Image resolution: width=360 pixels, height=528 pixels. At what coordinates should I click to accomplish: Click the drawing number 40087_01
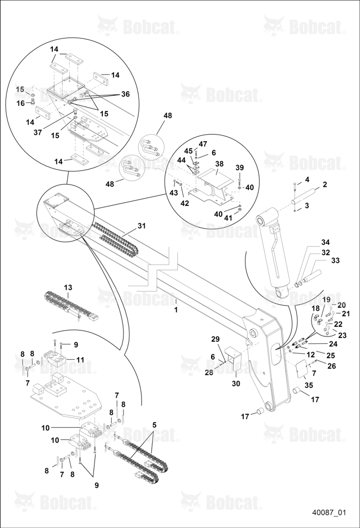click(329, 513)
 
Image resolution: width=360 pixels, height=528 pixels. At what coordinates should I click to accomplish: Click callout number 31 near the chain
click(142, 225)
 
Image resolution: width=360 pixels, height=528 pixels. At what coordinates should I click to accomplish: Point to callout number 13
click(69, 288)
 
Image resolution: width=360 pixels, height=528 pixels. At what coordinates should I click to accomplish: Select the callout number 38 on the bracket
click(220, 164)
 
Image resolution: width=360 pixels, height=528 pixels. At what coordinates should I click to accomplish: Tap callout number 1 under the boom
click(176, 309)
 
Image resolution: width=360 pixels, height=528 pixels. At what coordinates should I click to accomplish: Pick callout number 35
click(308, 385)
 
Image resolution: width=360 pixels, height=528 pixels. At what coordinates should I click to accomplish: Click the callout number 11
click(80, 360)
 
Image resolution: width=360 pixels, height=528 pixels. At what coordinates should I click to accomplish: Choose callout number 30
click(236, 383)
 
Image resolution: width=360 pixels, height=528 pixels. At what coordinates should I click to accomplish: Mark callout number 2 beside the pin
click(325, 184)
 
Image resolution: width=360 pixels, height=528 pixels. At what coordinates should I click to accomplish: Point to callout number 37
click(37, 133)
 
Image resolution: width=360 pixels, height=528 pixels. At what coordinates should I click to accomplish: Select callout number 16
click(21, 103)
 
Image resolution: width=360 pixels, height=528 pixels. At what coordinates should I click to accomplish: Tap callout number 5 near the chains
click(154, 425)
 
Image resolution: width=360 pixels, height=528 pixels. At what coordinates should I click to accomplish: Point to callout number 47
click(203, 144)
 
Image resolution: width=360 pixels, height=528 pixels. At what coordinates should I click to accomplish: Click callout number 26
click(331, 366)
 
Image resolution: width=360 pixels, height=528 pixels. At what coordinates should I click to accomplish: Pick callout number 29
click(215, 339)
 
